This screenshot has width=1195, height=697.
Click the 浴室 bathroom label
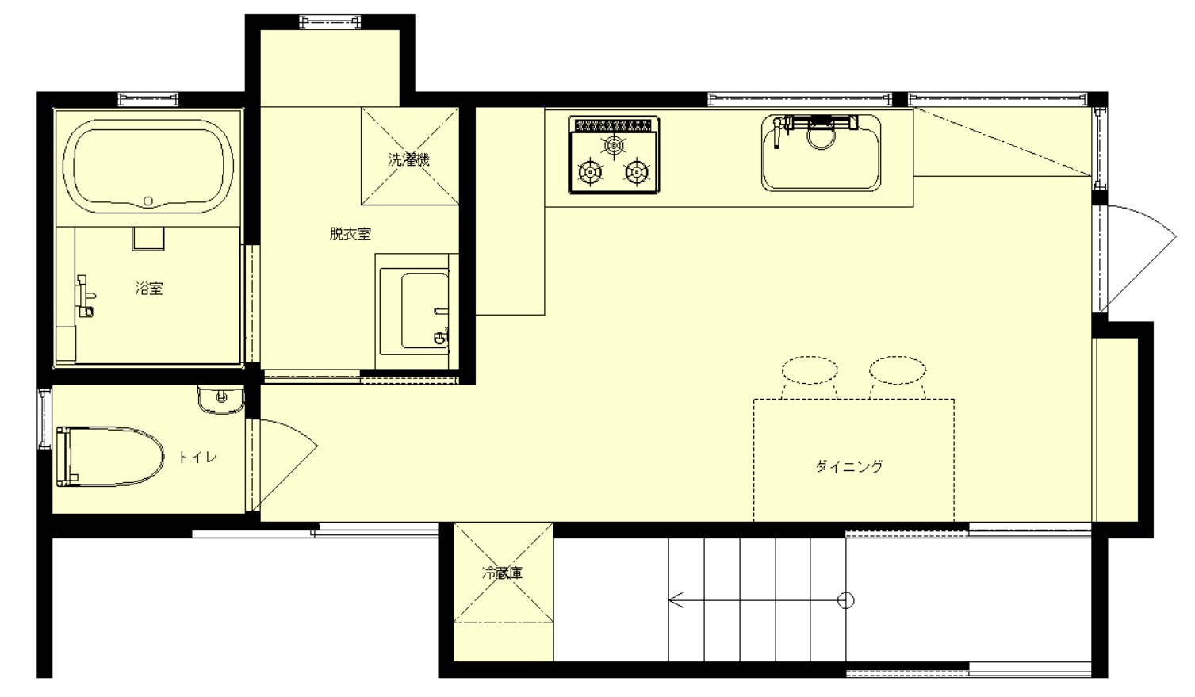pyautogui.click(x=149, y=289)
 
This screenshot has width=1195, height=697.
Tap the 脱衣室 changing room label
pyautogui.click(x=350, y=234)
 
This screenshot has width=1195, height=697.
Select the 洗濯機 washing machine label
pyautogui.click(x=408, y=159)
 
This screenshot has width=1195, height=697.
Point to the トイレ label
pyautogui.click(x=197, y=457)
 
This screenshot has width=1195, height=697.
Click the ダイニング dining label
pyautogui.click(x=849, y=466)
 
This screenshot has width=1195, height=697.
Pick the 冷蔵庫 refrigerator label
pyautogui.click(x=503, y=573)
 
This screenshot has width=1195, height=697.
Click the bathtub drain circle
pyautogui.click(x=148, y=201)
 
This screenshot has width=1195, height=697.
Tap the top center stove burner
pyautogui.click(x=614, y=144)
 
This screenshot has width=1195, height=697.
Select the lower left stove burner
pyautogui.click(x=590, y=172)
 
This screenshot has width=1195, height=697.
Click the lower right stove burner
pyautogui.click(x=637, y=172)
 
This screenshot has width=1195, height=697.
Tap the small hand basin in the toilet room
pyautogui.click(x=221, y=399)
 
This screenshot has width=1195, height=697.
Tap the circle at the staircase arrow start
pyautogui.click(x=845, y=600)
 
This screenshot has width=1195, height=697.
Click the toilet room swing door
pyautogui.click(x=283, y=464)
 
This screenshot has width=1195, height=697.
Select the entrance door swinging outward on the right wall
pyautogui.click(x=1136, y=259)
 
